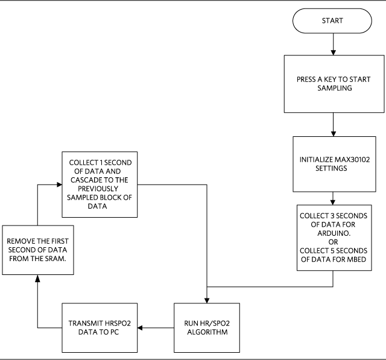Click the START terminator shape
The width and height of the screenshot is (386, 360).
coord(333,21)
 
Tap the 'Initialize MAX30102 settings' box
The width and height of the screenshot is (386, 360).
coord(333,164)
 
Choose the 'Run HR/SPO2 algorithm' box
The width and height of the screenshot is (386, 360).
coord(206,327)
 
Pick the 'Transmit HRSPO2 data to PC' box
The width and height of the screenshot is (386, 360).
coord(100,327)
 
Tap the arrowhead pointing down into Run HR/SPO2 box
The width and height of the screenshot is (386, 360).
coord(206,298)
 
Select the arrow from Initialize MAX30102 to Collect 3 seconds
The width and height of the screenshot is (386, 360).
coord(333,200)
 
